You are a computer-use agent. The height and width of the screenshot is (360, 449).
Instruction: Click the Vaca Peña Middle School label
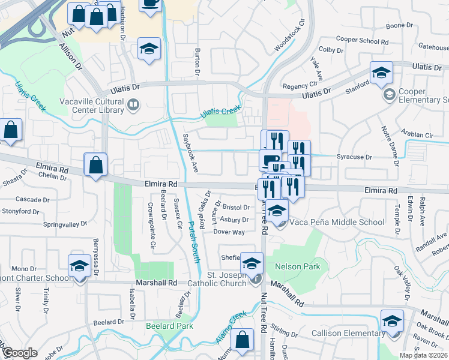pyautogui.click(x=337, y=223)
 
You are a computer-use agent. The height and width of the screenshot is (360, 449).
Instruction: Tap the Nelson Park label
pyautogui.click(x=297, y=266)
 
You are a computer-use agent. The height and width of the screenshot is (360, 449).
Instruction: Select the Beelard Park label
pyautogui.click(x=169, y=326)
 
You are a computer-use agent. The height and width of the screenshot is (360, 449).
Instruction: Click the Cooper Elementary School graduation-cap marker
pyautogui.click(x=381, y=73)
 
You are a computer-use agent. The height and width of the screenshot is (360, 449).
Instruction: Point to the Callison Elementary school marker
pyautogui.click(x=392, y=321)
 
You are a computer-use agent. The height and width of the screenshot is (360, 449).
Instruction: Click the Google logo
pyautogui.click(x=19, y=353)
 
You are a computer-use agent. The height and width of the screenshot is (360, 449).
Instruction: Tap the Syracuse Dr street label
pyautogui.click(x=354, y=157)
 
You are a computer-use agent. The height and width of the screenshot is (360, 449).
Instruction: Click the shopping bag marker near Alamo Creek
pyautogui.click(x=241, y=339)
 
